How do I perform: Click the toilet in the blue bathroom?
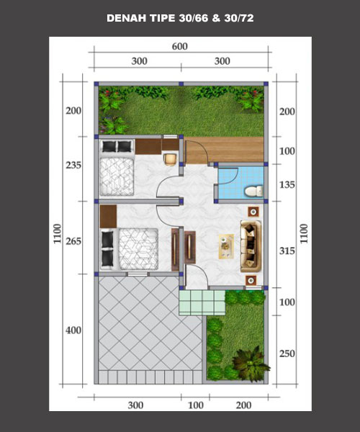(x=253, y=192)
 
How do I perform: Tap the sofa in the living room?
(x=251, y=246)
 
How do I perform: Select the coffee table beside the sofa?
(x=226, y=246)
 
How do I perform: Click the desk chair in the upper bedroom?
(x=170, y=159)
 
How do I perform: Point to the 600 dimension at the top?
(x=180, y=46)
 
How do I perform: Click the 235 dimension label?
(x=73, y=165)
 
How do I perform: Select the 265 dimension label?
(x=73, y=241)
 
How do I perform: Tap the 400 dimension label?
(x=73, y=330)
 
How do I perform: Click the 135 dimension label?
(x=287, y=184)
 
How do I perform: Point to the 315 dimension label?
(x=287, y=251)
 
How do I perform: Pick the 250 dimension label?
(x=287, y=354)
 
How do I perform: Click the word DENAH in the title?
(x=127, y=18)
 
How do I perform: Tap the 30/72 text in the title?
(x=239, y=18)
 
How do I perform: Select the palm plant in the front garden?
(x=251, y=364)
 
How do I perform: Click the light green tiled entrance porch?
(x=202, y=302)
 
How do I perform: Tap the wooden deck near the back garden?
(x=225, y=149)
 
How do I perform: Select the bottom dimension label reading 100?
(x=196, y=405)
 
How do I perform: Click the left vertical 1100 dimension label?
(x=57, y=233)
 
